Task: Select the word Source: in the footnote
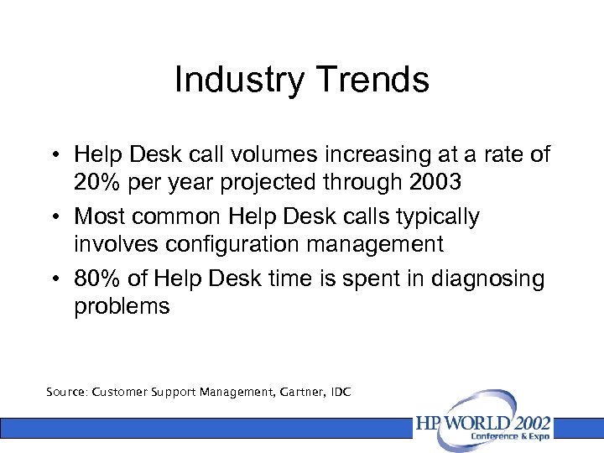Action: [67, 392]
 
